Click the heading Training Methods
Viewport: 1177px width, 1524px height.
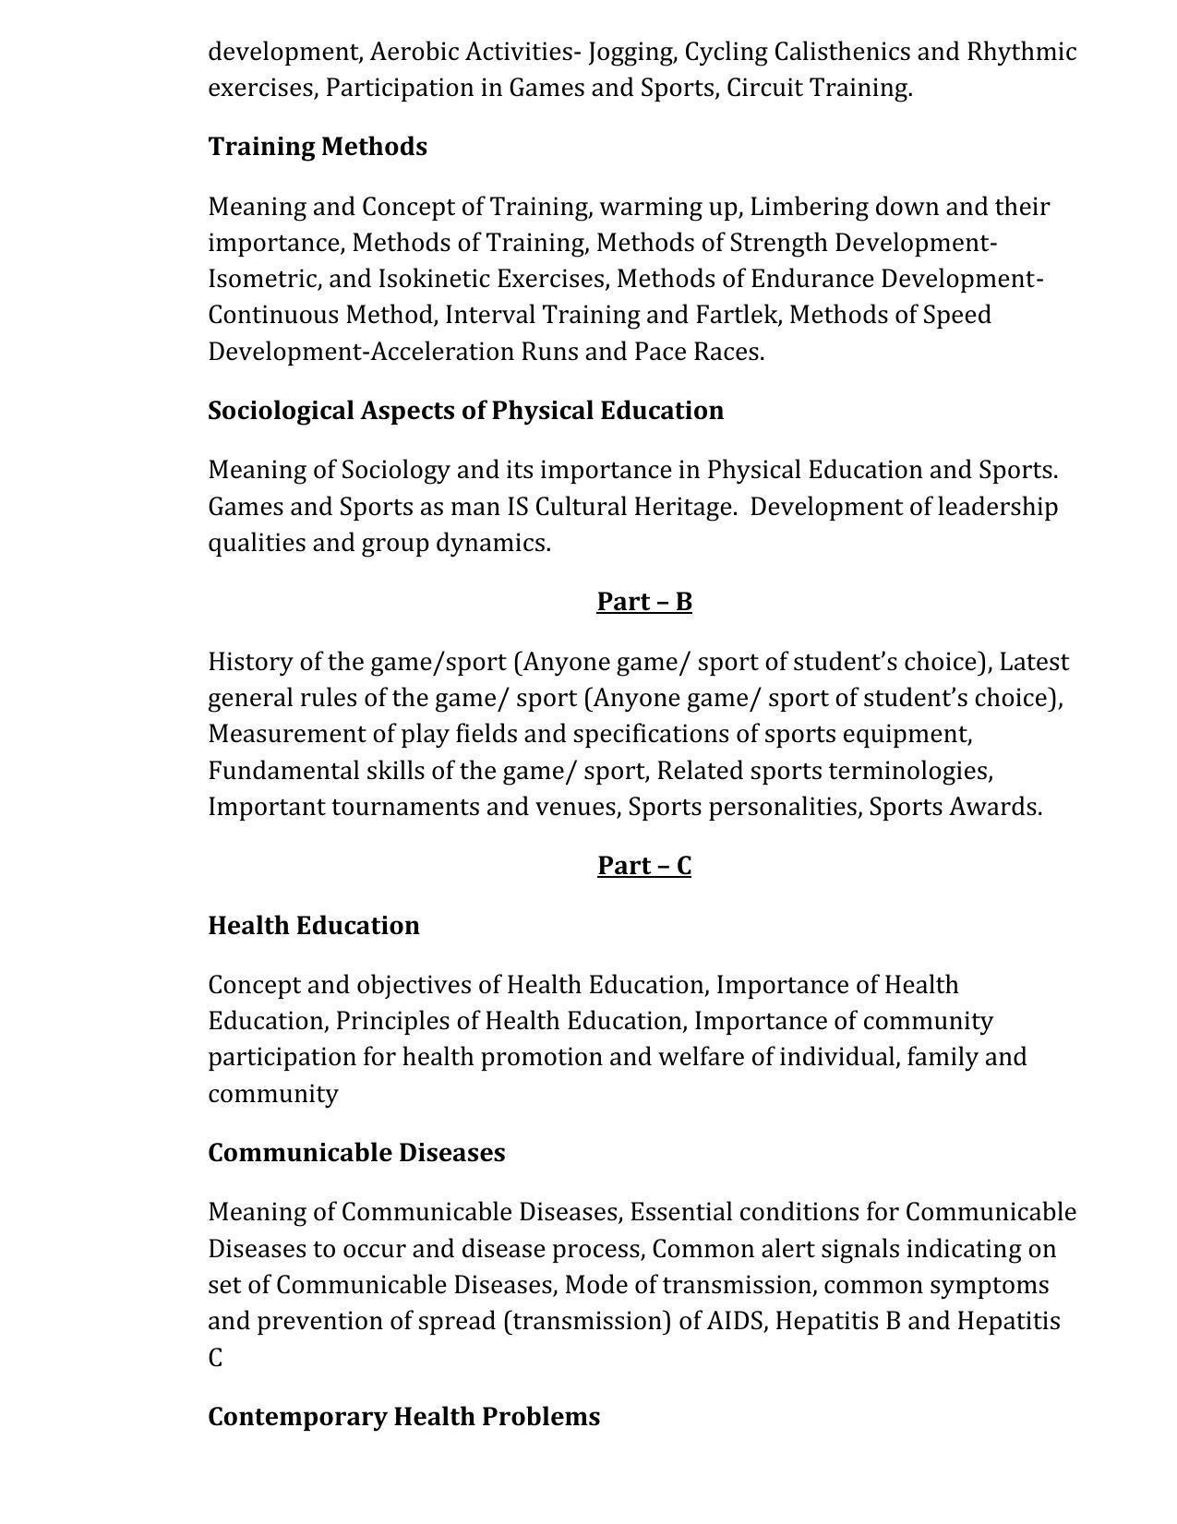tap(317, 147)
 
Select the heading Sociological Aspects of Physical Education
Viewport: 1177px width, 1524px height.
tap(465, 411)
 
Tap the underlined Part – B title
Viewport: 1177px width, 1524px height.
tap(643, 602)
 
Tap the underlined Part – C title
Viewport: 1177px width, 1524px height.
tap(643, 866)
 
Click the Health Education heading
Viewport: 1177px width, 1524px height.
tap(313, 926)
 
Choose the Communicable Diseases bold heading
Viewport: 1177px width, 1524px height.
tap(356, 1153)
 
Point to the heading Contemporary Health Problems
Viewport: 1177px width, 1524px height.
tap(403, 1417)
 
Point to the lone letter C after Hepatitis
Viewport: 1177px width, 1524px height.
tap(215, 1359)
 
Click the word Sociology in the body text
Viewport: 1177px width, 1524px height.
tap(395, 471)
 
